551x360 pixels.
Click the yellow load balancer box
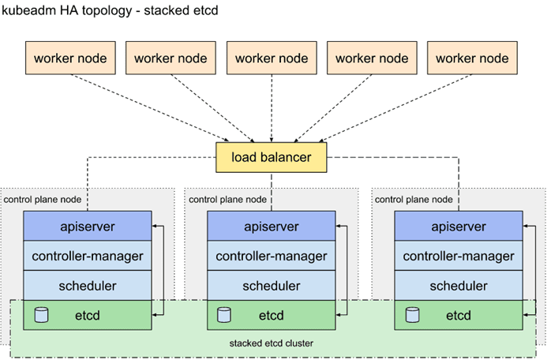tap(271, 157)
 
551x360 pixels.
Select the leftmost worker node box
tap(70, 58)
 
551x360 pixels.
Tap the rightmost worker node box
tap(472, 58)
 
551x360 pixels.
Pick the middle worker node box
tap(272, 58)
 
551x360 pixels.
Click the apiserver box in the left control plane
tap(88, 226)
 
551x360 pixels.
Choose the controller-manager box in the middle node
tap(272, 256)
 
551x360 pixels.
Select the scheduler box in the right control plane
tap(459, 286)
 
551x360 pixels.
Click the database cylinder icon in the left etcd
tap(42, 315)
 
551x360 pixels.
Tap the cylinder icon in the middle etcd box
tap(224, 315)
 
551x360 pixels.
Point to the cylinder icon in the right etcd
tap(412, 315)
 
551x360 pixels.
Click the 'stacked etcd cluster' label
tap(272, 343)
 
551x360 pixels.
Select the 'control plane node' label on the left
tap(43, 200)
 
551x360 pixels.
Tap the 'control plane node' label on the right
tap(414, 200)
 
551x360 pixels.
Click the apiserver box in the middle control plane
tap(272, 226)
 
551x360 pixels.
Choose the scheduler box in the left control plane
tap(88, 286)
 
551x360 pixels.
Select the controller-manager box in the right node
tap(459, 256)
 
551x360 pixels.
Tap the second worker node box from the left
tap(171, 58)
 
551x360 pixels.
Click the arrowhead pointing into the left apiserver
tap(154, 226)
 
